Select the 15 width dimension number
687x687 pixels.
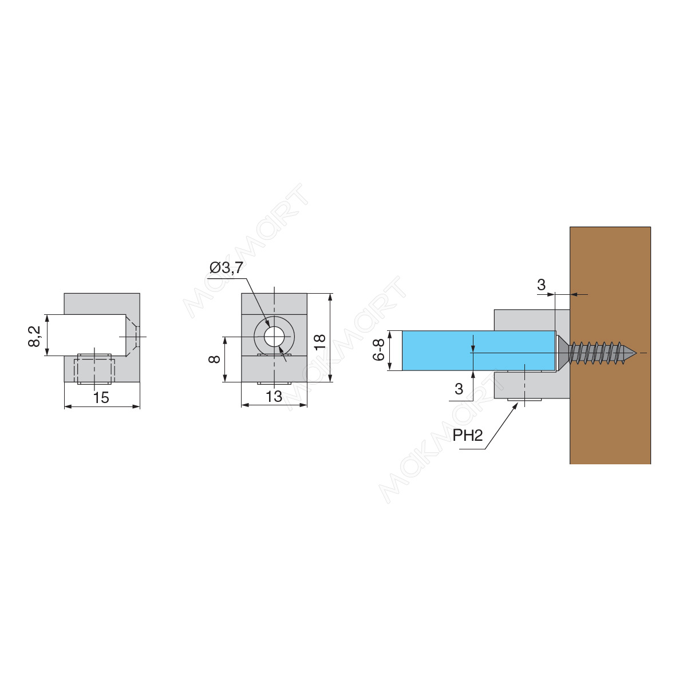101,398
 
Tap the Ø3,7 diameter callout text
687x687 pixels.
226,268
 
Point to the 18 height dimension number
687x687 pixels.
320,342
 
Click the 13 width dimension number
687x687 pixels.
274,396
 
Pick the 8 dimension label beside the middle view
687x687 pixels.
214,358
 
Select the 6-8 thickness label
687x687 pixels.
378,350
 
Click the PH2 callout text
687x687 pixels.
468,435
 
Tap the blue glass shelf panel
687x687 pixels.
479,351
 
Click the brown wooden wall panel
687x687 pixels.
610,345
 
